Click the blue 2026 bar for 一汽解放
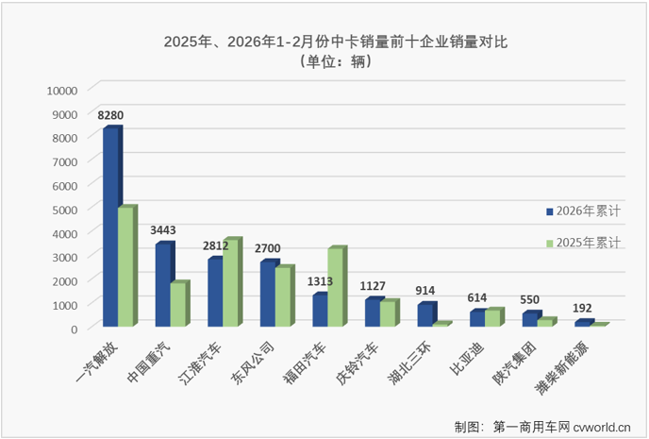pyautogui.click(x=110, y=227)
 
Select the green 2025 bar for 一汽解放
pyautogui.click(x=125, y=267)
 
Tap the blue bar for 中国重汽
pyautogui.click(x=163, y=285)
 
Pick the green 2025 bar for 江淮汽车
pyautogui.click(x=231, y=283)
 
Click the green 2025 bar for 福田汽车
pyautogui.click(x=335, y=287)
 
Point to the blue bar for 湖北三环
pyautogui.click(x=425, y=315)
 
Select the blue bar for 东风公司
pyautogui.click(x=268, y=294)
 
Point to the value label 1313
pyautogui.click(x=322, y=281)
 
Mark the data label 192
pyautogui.click(x=582, y=308)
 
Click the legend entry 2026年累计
pyautogui.click(x=587, y=211)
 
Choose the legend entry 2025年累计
pyautogui.click(x=587, y=243)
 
